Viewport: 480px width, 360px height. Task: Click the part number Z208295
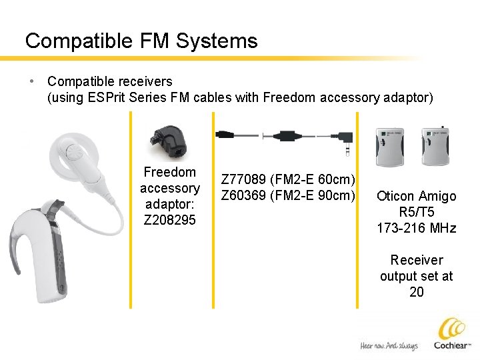[170, 220]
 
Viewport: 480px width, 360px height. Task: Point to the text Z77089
[243, 179]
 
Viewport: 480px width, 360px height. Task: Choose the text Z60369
[243, 195]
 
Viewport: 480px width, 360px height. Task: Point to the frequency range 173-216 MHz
[417, 228]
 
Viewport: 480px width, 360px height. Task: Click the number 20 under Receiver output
[417, 292]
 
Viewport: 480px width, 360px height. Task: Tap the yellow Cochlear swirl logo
[452, 329]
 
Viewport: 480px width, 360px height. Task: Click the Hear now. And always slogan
[389, 346]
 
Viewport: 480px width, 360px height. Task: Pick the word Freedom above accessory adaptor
[170, 173]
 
